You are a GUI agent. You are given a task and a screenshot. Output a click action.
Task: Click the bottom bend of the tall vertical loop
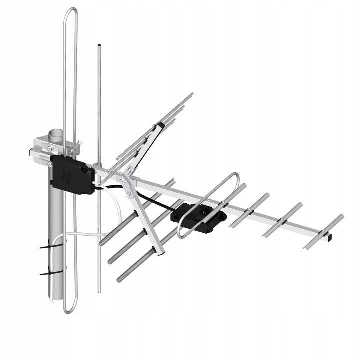[x=70, y=311]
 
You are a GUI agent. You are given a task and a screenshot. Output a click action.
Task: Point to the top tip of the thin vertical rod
[x=99, y=46]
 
